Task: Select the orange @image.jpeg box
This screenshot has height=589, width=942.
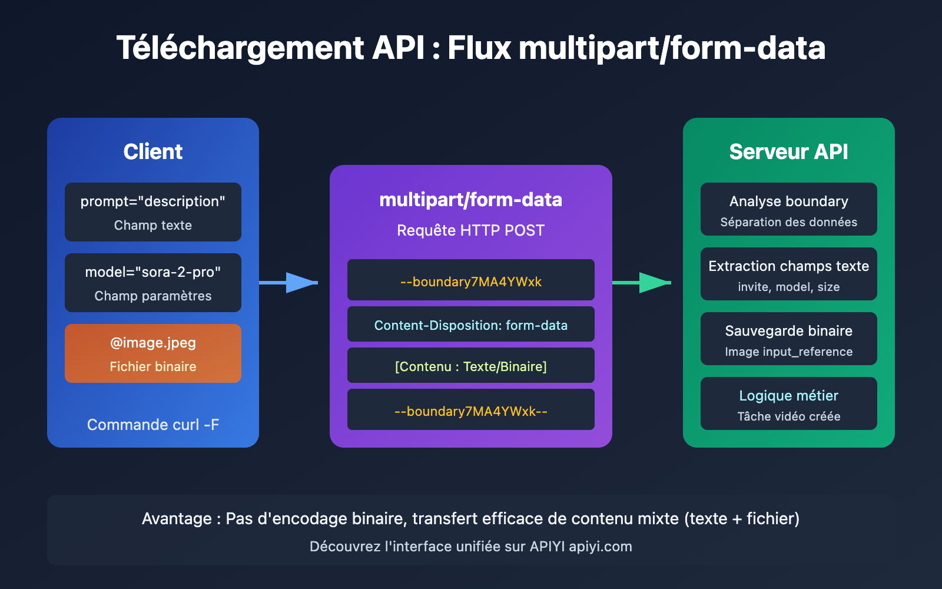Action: pos(153,353)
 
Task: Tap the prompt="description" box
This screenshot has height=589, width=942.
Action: pos(153,212)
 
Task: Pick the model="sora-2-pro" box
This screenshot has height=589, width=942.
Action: pos(153,283)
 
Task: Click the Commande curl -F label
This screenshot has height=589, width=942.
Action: pos(153,425)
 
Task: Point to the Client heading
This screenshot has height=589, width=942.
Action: pos(153,152)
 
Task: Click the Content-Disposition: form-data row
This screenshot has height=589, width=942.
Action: pos(471,325)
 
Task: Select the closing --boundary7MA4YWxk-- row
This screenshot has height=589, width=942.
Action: pos(471,411)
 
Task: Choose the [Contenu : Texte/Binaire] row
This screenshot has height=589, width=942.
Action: pos(471,366)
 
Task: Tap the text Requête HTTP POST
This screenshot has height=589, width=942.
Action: pos(471,230)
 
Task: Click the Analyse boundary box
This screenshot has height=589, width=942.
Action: pos(789,209)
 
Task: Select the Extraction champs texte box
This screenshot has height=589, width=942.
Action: pos(789,274)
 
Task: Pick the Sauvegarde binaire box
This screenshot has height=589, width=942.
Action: pos(789,339)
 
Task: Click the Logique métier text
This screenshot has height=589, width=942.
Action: pos(789,396)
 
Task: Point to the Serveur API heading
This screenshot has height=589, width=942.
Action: pos(789,152)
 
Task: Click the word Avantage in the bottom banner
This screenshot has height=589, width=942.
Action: pos(177,519)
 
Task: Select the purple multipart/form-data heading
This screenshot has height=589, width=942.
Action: pos(471,200)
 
